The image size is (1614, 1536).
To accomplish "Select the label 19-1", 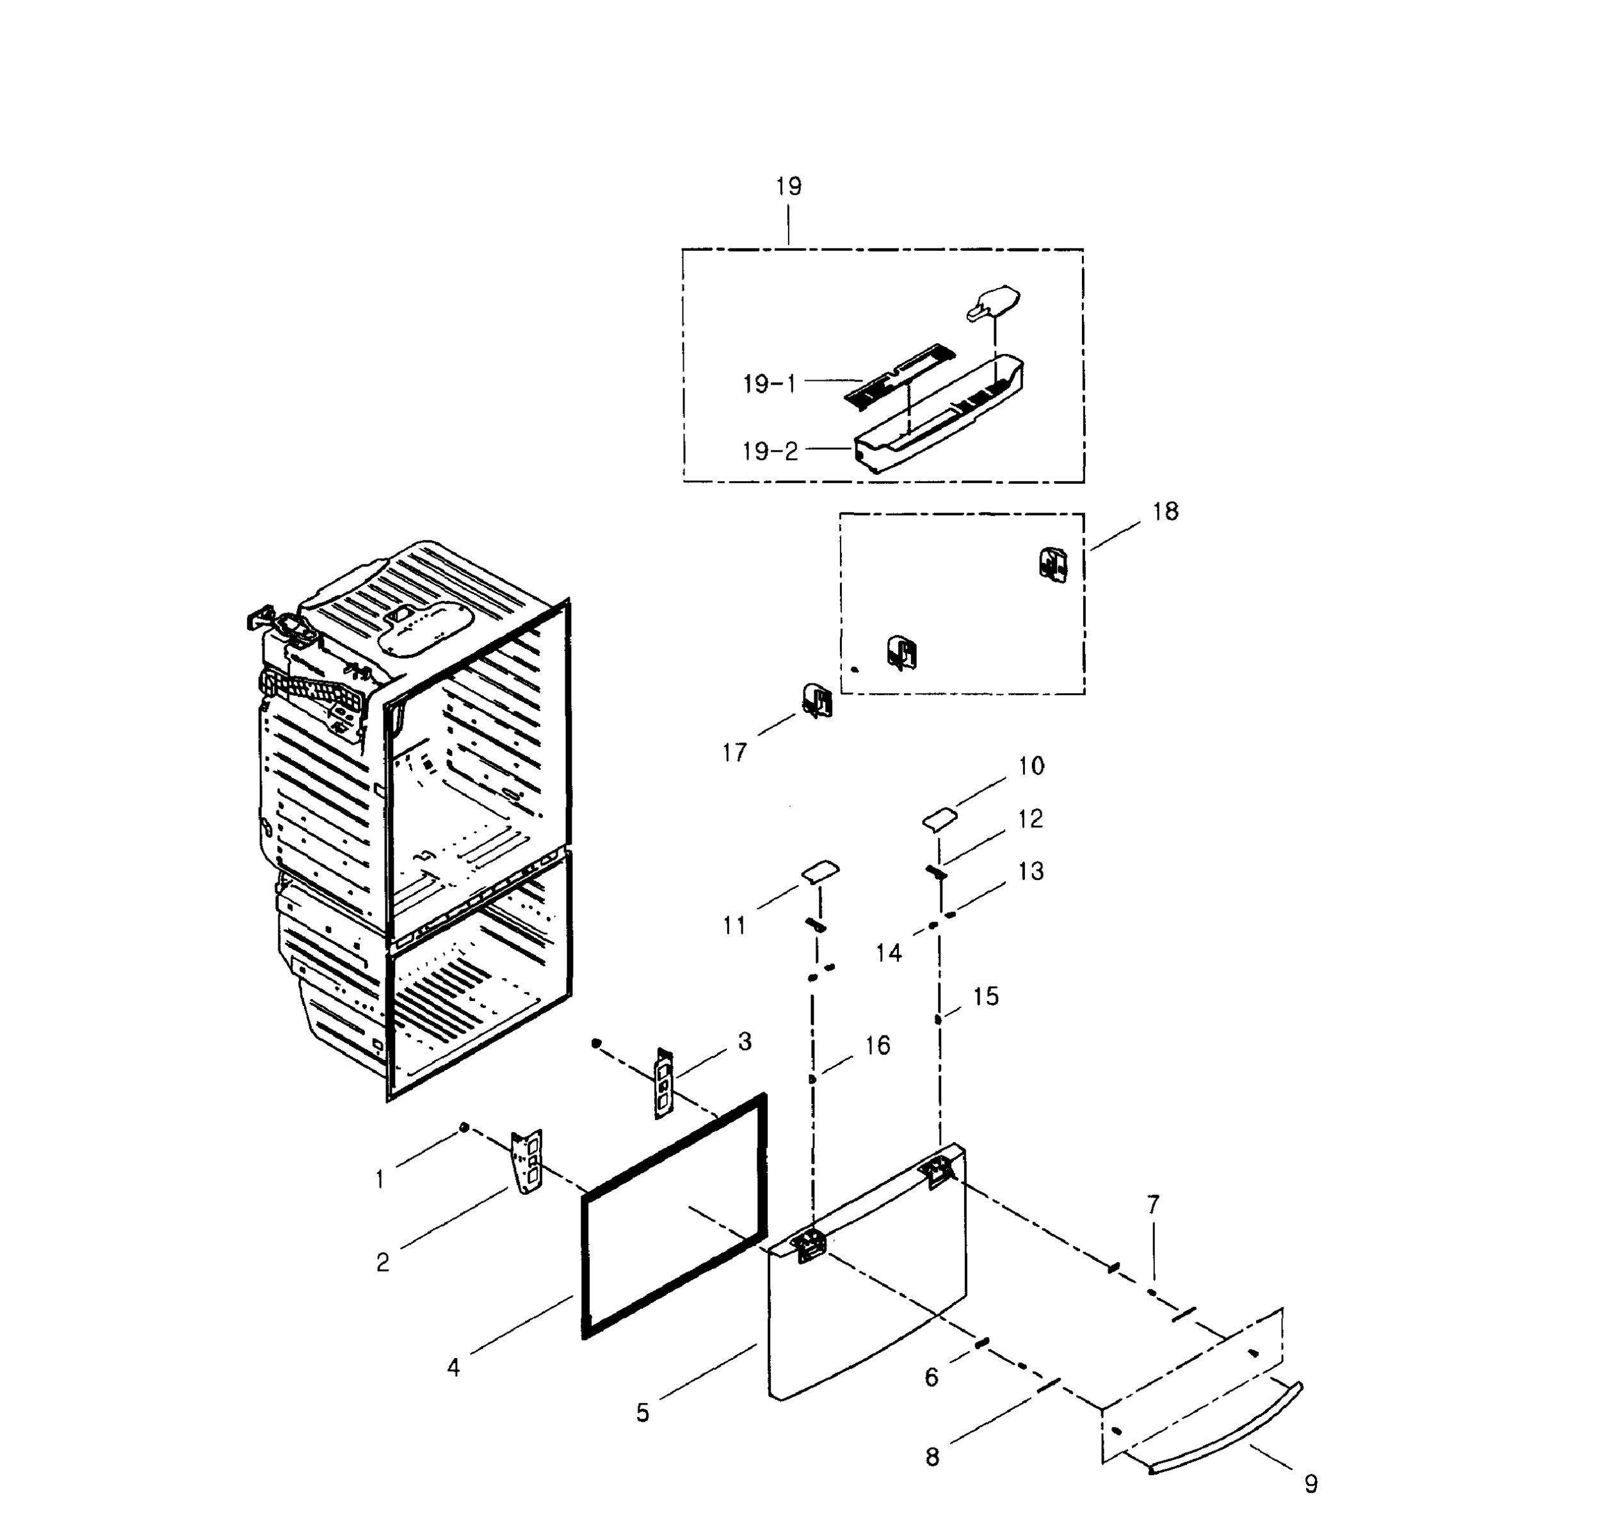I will click(x=769, y=384).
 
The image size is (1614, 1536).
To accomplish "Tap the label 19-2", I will click(x=769, y=451).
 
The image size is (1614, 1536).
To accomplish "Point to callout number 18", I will click(x=1165, y=512).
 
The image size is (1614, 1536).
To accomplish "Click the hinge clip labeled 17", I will click(x=816, y=701).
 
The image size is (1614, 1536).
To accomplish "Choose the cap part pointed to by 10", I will click(x=939, y=819).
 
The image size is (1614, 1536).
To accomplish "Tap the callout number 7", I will click(x=1152, y=1205).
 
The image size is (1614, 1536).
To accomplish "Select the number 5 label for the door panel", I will click(x=642, y=1412).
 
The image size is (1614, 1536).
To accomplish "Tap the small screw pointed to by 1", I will click(x=464, y=1128).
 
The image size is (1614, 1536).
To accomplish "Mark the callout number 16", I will click(x=877, y=1046).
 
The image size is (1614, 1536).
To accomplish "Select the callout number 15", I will click(x=986, y=996).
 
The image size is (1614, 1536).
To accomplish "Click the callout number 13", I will click(x=1030, y=871).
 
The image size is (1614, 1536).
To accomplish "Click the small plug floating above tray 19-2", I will click(x=995, y=303).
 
